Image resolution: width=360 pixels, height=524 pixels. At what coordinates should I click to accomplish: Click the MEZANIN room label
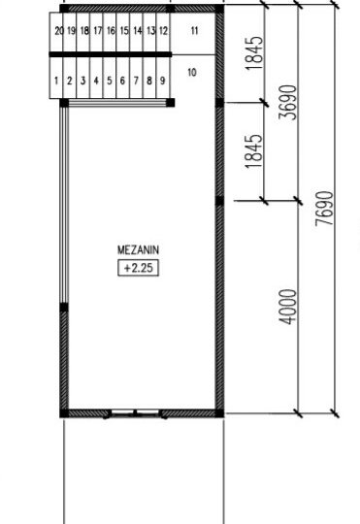click(138, 250)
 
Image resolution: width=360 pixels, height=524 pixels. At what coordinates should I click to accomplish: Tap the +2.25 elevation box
click(138, 268)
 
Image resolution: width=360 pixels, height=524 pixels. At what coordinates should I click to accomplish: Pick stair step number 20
click(59, 31)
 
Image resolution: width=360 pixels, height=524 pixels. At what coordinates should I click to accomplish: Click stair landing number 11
click(194, 31)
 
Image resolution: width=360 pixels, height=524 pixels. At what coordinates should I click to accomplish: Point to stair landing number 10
click(192, 72)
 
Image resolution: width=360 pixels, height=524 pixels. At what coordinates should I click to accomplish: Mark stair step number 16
click(111, 31)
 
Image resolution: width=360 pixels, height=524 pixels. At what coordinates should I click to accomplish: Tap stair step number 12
click(163, 31)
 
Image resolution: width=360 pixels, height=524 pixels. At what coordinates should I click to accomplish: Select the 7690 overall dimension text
click(324, 209)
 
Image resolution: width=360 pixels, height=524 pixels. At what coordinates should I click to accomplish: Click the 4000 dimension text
click(288, 307)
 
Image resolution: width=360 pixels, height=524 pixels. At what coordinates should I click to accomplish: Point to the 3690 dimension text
click(288, 102)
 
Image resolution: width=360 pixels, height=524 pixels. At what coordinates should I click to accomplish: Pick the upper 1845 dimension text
click(254, 52)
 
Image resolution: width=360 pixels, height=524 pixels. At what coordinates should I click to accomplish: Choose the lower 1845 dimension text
click(253, 151)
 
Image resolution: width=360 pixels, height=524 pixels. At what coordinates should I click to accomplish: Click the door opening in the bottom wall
click(135, 413)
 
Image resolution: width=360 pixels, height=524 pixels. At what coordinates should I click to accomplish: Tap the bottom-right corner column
click(219, 413)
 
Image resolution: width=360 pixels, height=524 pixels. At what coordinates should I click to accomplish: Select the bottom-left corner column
click(64, 413)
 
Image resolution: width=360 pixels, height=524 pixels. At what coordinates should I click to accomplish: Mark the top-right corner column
click(219, 9)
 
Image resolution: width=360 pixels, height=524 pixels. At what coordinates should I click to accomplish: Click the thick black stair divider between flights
click(111, 54)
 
